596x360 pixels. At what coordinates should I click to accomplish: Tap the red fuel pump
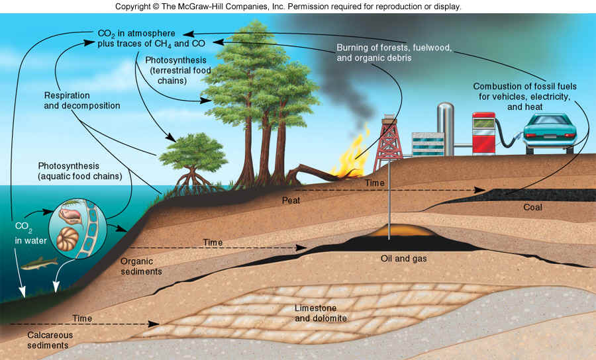click(x=483, y=132)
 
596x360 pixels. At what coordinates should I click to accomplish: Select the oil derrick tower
click(x=388, y=142)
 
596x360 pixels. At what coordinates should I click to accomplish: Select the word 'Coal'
click(x=532, y=207)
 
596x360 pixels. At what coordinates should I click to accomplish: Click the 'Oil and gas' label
click(x=404, y=258)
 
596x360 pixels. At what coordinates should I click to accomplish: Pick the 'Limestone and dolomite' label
click(x=321, y=313)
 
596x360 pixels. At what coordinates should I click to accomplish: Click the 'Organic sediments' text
click(x=141, y=265)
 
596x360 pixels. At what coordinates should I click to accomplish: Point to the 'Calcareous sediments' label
click(x=50, y=340)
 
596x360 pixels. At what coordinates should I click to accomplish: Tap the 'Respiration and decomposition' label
click(x=82, y=100)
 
